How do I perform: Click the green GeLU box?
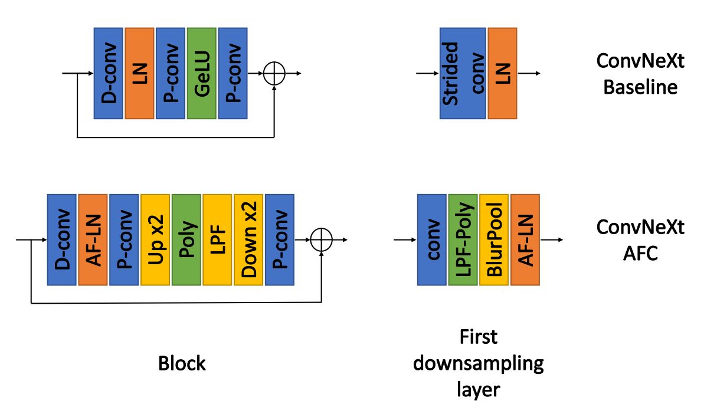pos(202,73)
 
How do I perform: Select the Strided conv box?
pos(463,73)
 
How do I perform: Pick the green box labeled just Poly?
pos(186,240)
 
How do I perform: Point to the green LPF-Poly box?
pos(463,240)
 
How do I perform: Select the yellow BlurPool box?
pos(494,240)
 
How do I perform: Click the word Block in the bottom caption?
pos(182,363)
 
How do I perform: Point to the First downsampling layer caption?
pos(478,363)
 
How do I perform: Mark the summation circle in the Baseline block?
pos(274,74)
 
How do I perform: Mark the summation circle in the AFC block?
pos(322,240)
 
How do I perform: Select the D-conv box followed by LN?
pos(109,73)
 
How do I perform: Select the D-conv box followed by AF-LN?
pos(62,240)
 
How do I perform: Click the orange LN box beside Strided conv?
pos(502,73)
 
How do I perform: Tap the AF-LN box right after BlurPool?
pos(525,240)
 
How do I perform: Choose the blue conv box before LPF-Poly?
pos(432,240)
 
